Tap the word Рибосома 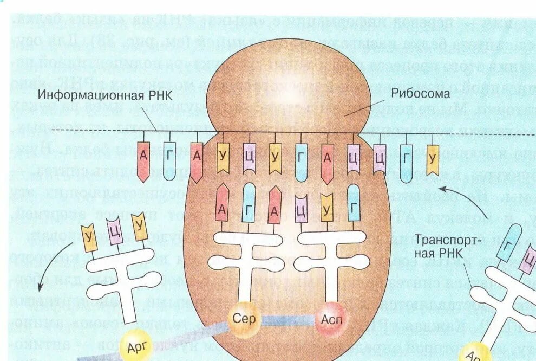pos(413,94)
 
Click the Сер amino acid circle pos(244,318)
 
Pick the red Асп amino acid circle pos(328,319)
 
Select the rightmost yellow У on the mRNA pos(432,159)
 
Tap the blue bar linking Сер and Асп pos(286,319)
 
